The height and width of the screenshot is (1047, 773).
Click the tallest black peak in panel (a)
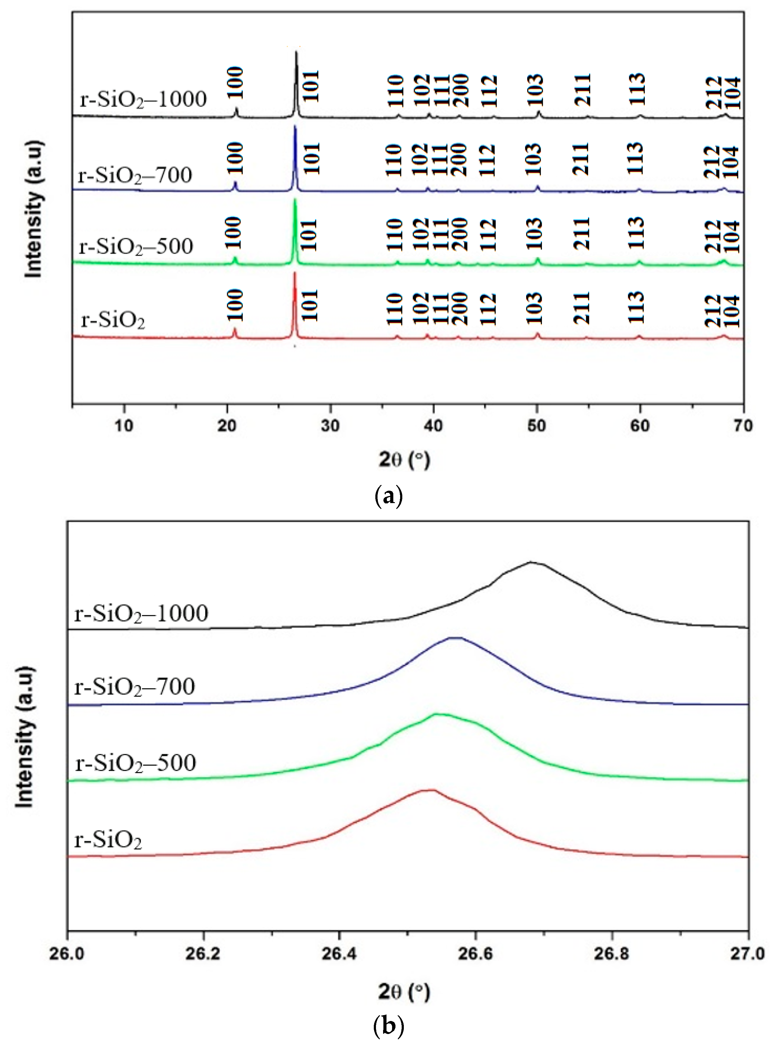[x=296, y=52]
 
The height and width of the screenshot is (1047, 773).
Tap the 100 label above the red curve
[x=235, y=305]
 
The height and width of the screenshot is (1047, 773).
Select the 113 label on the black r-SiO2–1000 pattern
[x=637, y=89]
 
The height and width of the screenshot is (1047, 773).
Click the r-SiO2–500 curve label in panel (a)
[x=136, y=246]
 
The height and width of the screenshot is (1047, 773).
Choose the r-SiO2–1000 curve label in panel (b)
[x=141, y=614]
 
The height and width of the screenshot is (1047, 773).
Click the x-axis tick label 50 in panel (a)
[x=537, y=426]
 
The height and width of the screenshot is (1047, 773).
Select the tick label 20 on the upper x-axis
[x=227, y=426]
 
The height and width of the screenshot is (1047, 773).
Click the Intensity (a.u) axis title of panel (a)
[x=34, y=209]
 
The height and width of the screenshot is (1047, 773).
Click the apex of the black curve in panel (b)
[x=531, y=562]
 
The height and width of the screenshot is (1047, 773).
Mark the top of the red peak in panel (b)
[x=429, y=790]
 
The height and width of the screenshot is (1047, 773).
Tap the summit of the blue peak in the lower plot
[x=455, y=637]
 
